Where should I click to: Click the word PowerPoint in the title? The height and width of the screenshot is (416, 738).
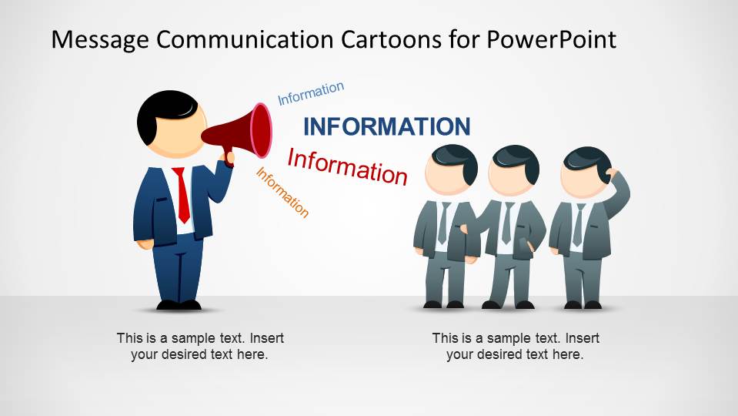pos(551,39)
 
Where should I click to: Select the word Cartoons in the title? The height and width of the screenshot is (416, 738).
pos(391,39)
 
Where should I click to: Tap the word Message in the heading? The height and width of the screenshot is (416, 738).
pos(100,40)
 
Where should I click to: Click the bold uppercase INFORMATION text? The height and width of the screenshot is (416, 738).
pos(387,126)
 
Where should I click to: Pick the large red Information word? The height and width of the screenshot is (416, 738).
pos(347,166)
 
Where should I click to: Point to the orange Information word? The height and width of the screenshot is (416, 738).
pos(282,193)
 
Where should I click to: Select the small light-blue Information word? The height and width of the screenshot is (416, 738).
pos(311,93)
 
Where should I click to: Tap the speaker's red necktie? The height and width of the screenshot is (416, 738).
pos(182,195)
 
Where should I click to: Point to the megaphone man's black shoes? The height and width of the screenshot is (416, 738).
pos(179,305)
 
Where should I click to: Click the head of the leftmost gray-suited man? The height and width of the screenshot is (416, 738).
pos(451,169)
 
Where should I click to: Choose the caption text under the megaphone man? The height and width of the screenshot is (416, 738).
pos(200,346)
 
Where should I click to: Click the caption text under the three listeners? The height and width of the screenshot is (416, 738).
pos(516,346)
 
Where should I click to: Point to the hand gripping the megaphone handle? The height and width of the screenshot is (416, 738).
pos(227,159)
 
